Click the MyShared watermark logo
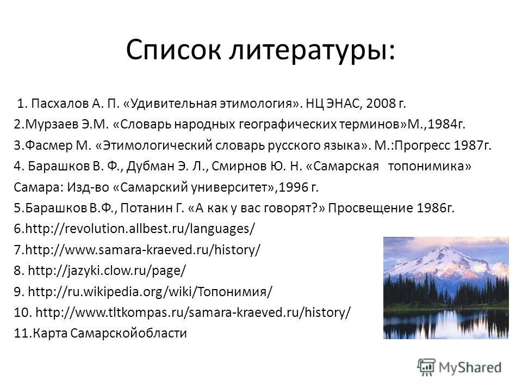point(460,367)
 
